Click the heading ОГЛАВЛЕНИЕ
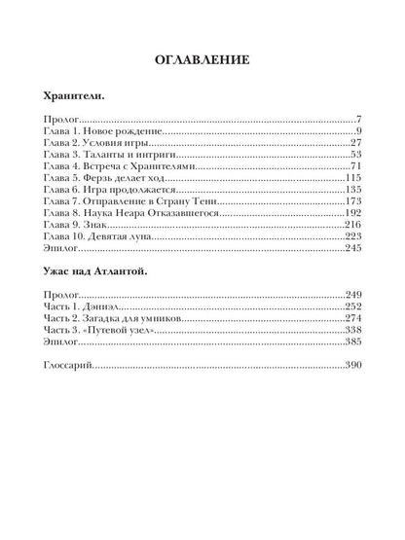pos(202,60)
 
